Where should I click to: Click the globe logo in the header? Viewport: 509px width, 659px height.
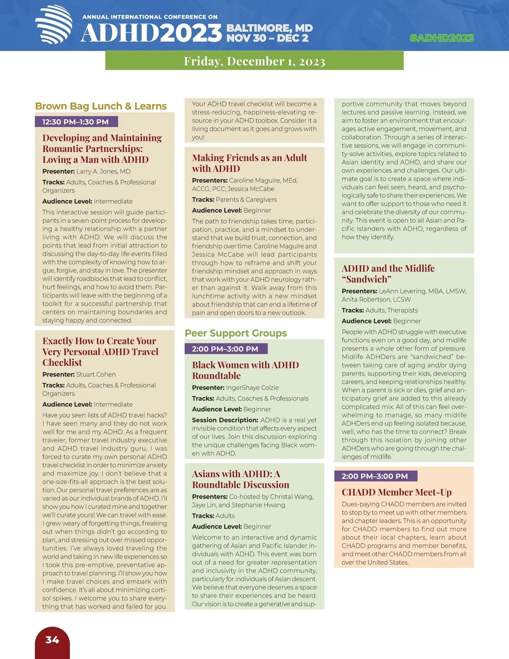point(53,25)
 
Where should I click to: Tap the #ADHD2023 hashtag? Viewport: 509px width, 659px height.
point(442,38)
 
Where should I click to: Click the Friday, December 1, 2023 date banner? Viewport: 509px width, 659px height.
point(254,61)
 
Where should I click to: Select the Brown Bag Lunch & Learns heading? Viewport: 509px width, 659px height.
point(101,106)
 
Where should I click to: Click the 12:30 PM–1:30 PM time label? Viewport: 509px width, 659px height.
point(76,122)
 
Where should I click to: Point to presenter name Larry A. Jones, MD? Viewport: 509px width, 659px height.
point(103,171)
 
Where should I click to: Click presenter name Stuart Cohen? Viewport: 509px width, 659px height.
point(96,374)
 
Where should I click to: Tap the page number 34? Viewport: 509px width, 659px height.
point(52,640)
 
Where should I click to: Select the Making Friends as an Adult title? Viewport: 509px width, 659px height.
point(249,163)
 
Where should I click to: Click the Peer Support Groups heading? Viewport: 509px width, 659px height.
point(236,333)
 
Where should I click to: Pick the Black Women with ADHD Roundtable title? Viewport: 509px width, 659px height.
point(245,370)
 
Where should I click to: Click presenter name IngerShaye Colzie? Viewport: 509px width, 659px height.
point(252,387)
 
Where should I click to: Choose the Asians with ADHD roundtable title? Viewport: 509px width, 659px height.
point(241,479)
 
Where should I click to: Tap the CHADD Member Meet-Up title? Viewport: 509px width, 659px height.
point(397,492)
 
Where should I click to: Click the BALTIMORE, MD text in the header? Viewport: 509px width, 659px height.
point(270,28)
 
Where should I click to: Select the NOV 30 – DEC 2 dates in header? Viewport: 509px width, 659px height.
point(268,38)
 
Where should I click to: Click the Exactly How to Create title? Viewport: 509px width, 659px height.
point(100,351)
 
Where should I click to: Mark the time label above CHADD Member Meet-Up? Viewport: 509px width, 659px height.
point(375,476)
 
